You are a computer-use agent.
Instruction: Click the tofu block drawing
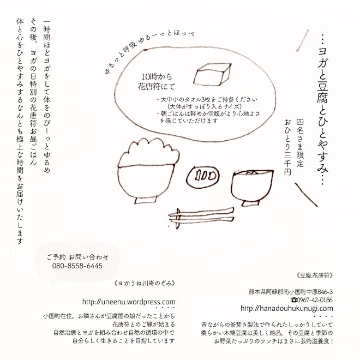(212, 74)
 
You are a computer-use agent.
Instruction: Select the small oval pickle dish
(203, 176)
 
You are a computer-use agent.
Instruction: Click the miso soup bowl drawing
(252, 188)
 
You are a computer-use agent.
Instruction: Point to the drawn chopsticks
(201, 217)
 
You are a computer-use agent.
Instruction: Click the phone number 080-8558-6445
(77, 266)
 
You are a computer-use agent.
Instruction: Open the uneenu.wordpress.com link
(129, 302)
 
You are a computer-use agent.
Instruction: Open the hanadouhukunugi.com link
(287, 308)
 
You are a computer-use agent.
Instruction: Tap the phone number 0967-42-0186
(312, 300)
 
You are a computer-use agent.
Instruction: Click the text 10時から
(157, 76)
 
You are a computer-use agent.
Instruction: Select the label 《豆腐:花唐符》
(314, 275)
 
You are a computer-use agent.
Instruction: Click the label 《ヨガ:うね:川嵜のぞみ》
(145, 283)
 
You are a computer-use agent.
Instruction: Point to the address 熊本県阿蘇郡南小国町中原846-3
(291, 292)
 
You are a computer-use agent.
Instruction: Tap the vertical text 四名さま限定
(300, 142)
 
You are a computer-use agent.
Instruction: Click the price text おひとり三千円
(287, 147)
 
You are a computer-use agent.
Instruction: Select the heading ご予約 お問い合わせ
(77, 257)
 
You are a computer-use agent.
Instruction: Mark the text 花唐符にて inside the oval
(157, 87)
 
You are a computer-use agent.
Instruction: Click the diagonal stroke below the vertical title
(306, 195)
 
